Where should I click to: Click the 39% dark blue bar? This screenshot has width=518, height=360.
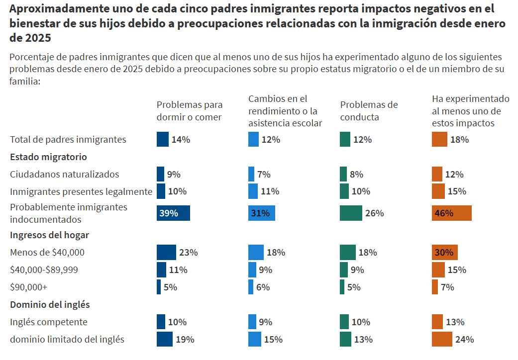(173, 213)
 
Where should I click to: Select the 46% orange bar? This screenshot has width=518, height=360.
(451, 213)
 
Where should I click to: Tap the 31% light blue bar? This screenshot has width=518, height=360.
(261, 213)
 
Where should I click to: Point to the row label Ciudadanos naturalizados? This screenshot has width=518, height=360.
(65, 174)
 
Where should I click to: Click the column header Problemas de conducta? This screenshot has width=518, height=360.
(369, 111)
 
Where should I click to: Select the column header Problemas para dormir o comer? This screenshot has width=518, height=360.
(190, 111)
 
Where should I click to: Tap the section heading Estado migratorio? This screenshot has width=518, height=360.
(48, 157)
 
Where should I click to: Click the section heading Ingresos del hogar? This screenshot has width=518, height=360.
(49, 235)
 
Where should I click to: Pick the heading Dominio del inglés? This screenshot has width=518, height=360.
(50, 304)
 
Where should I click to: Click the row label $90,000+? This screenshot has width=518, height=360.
(28, 287)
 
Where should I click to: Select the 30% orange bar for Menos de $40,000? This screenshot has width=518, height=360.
(444, 253)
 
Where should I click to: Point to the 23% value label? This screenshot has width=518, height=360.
(189, 253)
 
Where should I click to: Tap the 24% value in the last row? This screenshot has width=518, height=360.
(464, 340)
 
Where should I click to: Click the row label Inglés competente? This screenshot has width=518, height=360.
(49, 322)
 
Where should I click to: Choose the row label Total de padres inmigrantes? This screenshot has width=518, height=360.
(68, 140)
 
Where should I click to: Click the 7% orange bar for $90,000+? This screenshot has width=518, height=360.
(435, 287)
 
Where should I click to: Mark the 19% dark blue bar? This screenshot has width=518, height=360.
(164, 340)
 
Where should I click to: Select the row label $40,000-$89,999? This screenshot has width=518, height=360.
(44, 270)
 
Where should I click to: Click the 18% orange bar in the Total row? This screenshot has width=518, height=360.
(439, 140)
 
